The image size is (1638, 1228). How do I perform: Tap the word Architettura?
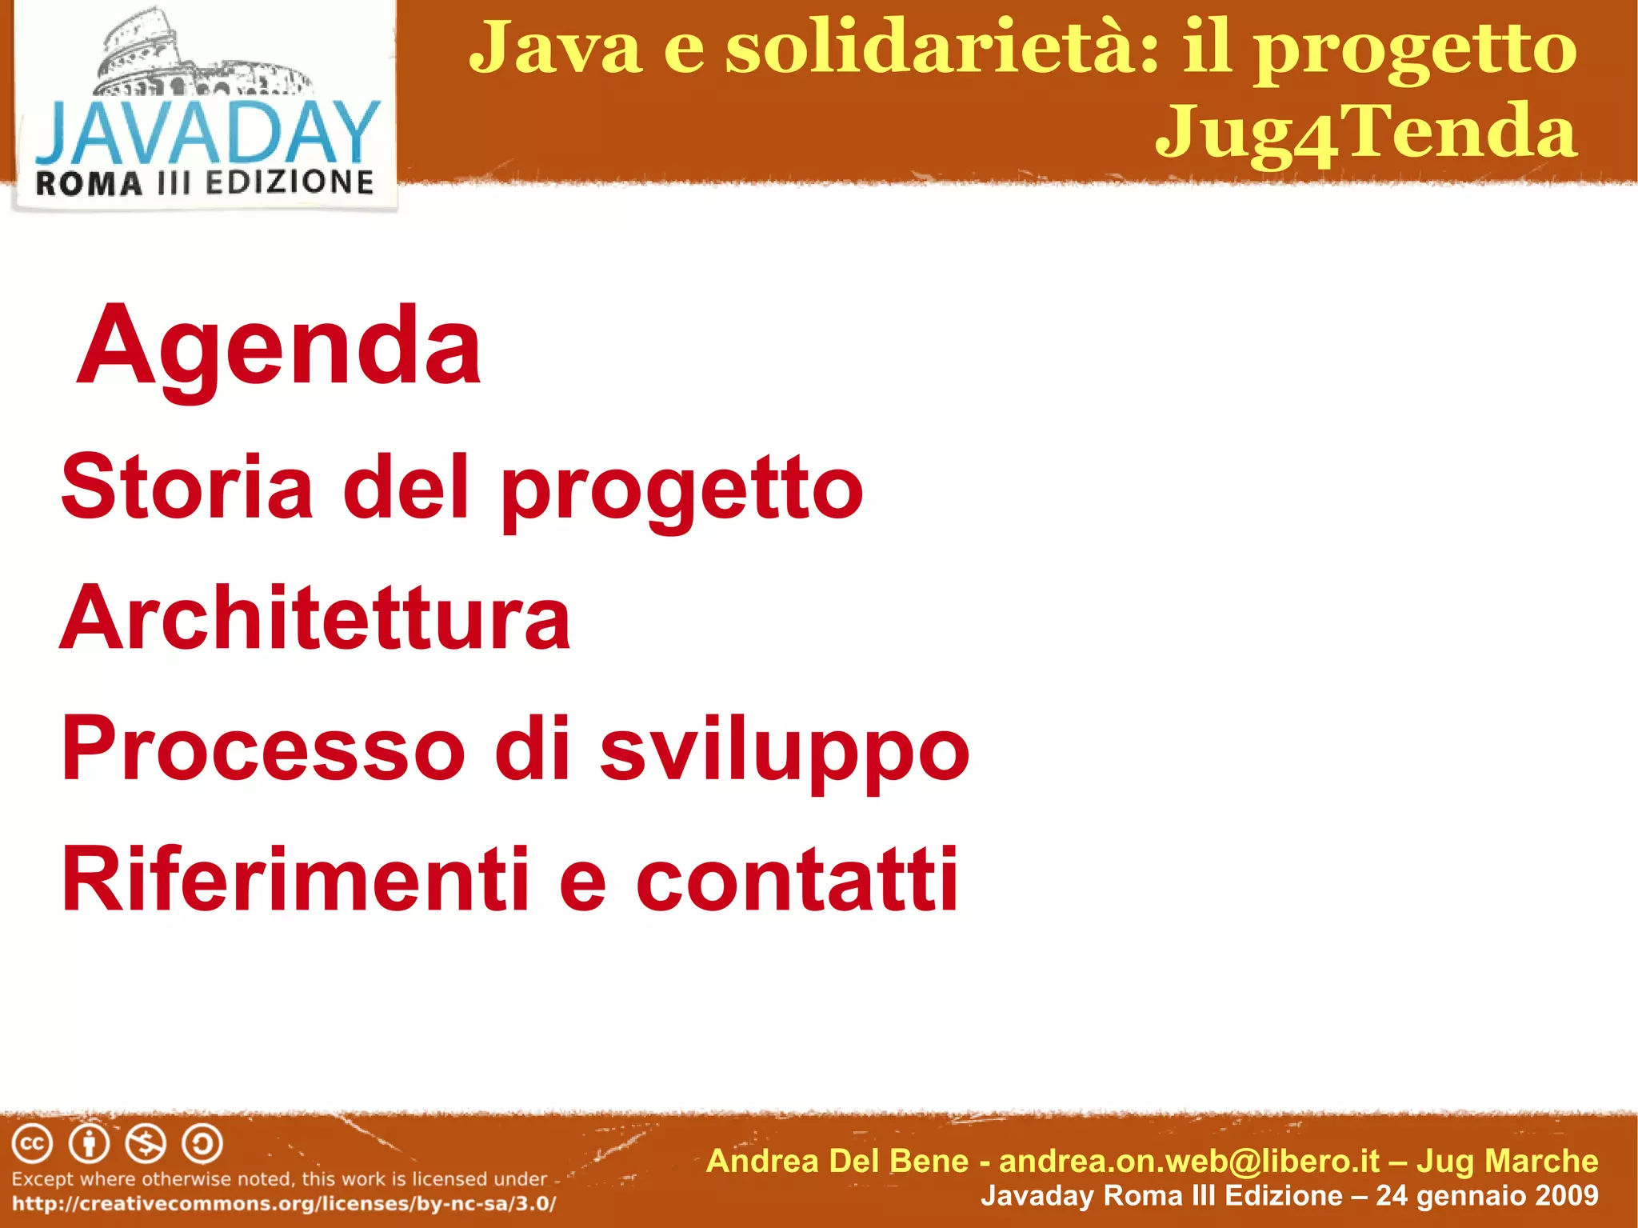(x=315, y=618)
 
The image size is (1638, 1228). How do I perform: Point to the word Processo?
(x=263, y=749)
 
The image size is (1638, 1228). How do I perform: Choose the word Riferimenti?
(x=295, y=880)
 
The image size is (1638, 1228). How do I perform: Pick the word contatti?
(x=797, y=880)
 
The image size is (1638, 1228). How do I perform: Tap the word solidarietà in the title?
(x=942, y=48)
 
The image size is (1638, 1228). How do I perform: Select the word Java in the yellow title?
(x=556, y=48)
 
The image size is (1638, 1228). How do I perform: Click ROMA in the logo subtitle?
(x=89, y=184)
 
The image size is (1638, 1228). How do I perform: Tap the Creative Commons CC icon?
(x=32, y=1144)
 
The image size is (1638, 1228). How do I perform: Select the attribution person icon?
(x=89, y=1144)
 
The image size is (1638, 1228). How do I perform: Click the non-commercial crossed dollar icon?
(x=146, y=1144)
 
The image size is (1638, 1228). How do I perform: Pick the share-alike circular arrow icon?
(x=202, y=1144)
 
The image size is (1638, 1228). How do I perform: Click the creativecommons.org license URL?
(x=284, y=1204)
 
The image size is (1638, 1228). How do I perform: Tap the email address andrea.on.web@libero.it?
(x=1189, y=1161)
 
